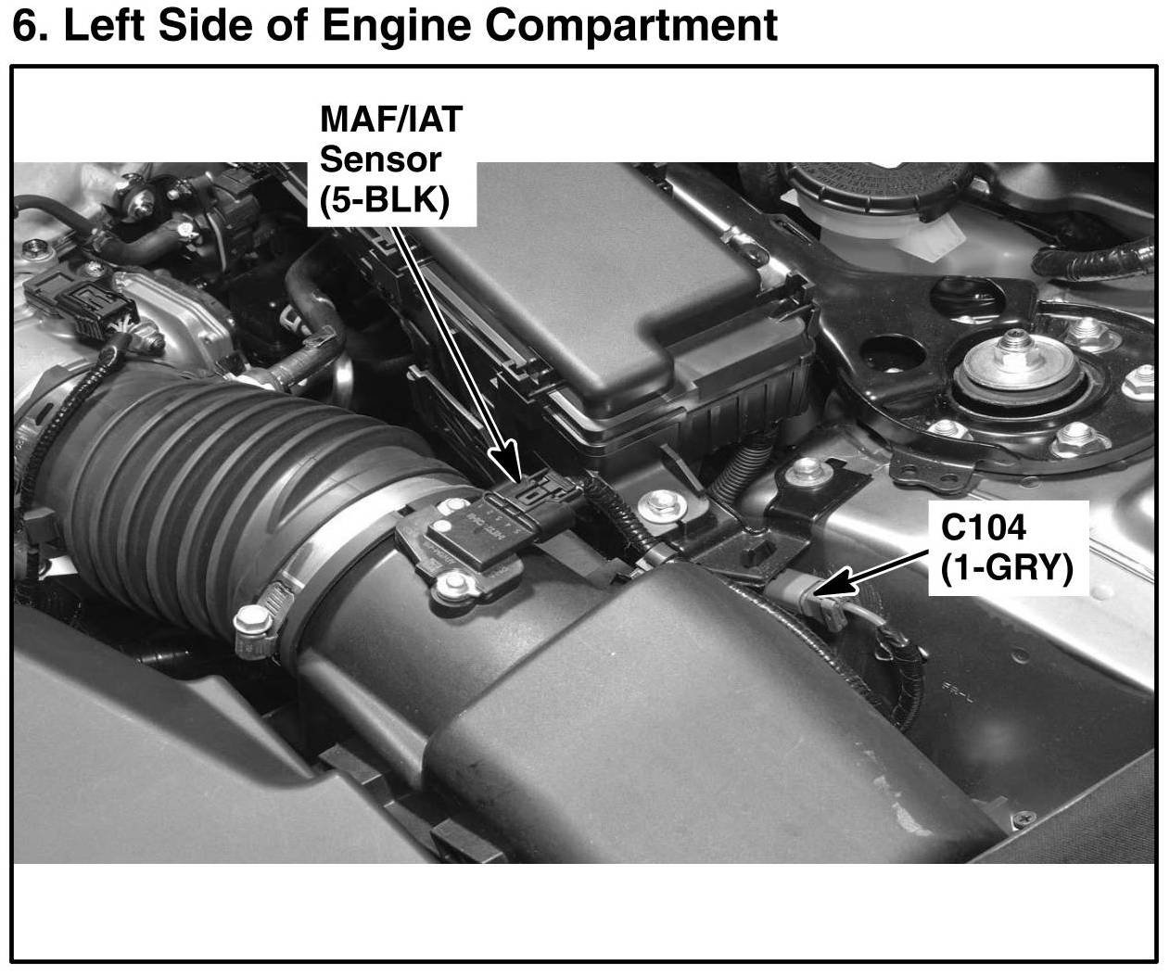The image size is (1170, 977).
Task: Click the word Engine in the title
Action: point(396,26)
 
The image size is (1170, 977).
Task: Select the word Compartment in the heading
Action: point(631,26)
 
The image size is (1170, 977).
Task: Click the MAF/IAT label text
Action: point(391,119)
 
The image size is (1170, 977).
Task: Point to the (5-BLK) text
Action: point(385,200)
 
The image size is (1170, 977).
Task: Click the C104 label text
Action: point(984,527)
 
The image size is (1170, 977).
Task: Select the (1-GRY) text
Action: point(1007,568)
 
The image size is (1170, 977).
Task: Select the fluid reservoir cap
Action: point(874,184)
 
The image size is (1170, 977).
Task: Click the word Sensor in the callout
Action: point(380,159)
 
